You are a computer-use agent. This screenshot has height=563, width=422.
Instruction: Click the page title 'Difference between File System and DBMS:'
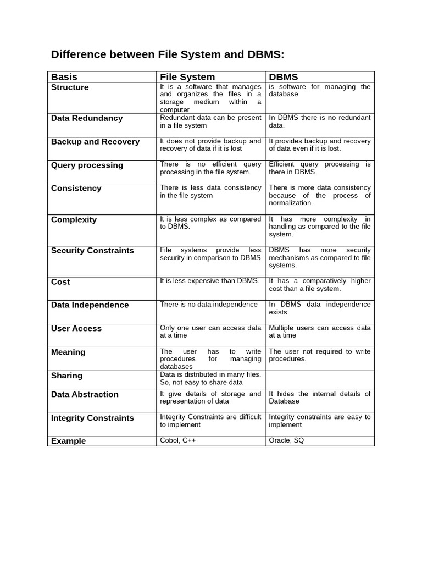tap(168, 54)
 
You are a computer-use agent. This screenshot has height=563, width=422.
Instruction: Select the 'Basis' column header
tap(64, 77)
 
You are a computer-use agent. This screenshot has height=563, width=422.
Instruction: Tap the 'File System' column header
tap(187, 77)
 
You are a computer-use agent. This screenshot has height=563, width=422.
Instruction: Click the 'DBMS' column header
tap(284, 77)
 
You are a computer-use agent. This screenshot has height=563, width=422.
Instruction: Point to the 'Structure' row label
tap(70, 87)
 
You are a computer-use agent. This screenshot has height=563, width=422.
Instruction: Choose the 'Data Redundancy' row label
tap(87, 118)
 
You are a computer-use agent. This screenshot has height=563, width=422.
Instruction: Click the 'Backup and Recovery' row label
tap(95, 142)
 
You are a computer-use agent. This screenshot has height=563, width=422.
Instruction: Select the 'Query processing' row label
tap(87, 165)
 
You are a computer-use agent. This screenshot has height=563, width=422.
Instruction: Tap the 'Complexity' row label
tap(74, 220)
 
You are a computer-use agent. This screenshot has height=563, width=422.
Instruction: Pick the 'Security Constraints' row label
tap(92, 251)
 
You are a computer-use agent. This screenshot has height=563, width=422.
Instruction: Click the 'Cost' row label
tap(60, 282)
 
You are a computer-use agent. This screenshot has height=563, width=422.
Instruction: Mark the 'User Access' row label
tap(76, 329)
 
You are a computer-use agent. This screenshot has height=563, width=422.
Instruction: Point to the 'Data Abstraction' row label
tap(85, 395)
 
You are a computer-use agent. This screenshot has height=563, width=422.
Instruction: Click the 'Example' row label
tap(69, 441)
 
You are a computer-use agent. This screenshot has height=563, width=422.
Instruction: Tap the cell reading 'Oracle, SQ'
tap(286, 440)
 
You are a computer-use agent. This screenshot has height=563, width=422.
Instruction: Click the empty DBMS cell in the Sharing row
tap(319, 380)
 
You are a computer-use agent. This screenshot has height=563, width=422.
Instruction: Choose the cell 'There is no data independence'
tap(209, 305)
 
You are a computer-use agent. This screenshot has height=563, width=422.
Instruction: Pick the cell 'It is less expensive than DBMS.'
tap(209, 281)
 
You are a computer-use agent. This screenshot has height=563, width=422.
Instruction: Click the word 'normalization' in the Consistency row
tap(291, 203)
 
